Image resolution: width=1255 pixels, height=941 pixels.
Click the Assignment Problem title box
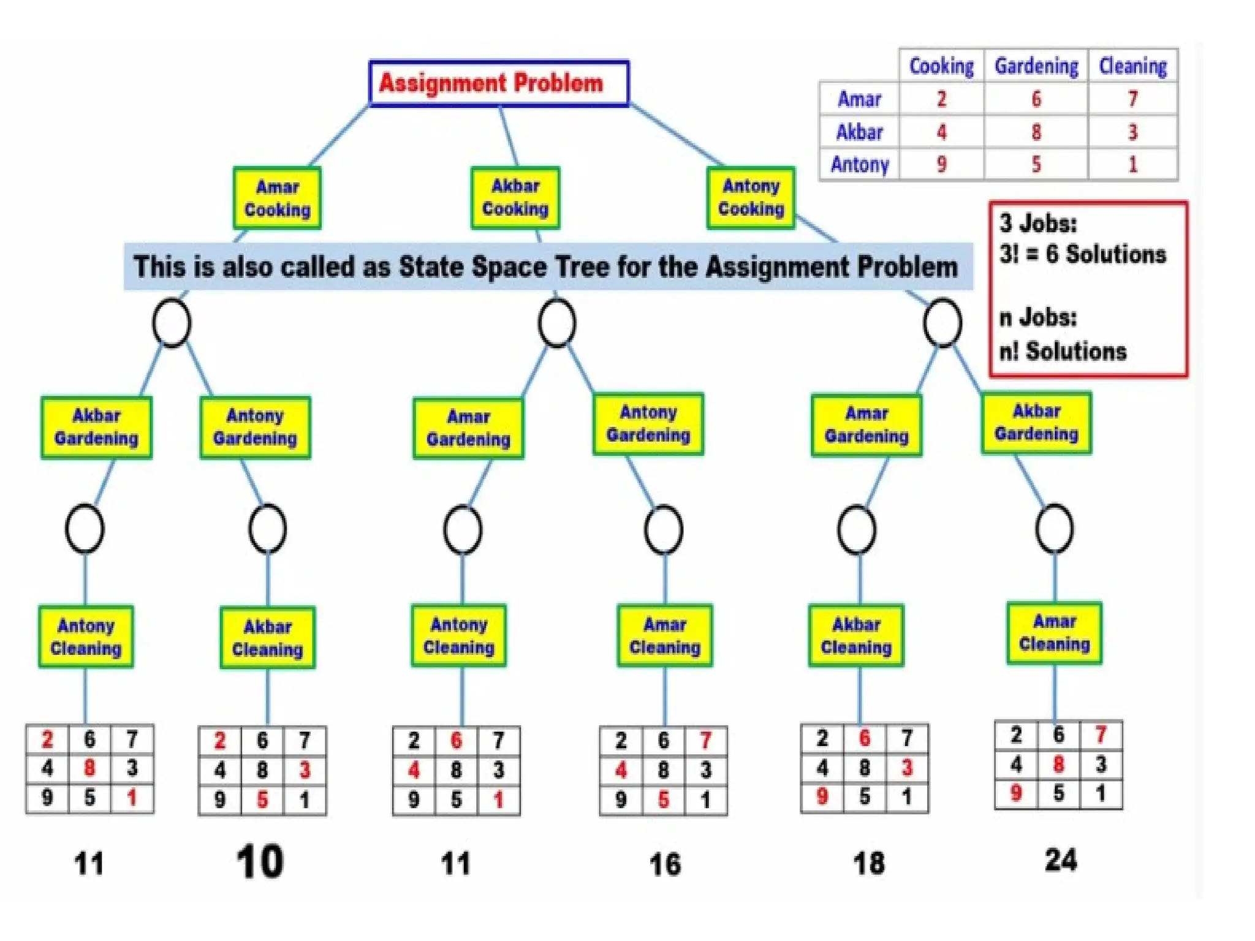tap(499, 83)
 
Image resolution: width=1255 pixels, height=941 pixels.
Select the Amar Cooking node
tap(277, 198)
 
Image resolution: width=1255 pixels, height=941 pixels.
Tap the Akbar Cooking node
tap(515, 198)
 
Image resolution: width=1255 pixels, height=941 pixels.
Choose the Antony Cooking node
tap(751, 198)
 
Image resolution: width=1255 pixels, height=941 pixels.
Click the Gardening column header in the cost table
tap(1036, 66)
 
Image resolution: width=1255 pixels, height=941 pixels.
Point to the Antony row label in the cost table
tap(859, 164)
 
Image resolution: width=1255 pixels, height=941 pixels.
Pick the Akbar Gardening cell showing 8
tap(1036, 132)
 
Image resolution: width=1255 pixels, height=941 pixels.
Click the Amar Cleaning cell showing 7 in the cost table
tap(1132, 99)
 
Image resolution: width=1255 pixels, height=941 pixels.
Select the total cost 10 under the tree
tap(260, 862)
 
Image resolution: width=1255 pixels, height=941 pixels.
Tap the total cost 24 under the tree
tap(1061, 860)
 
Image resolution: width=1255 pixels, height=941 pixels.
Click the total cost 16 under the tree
tap(665, 864)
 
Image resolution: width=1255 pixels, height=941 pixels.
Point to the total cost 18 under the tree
tap(869, 863)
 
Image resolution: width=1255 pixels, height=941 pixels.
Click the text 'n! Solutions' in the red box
tap(1063, 352)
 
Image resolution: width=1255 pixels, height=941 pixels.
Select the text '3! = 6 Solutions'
tap(1082, 254)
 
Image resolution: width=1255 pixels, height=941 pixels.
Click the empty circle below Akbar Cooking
tap(556, 323)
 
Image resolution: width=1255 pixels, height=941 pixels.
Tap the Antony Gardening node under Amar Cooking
tap(255, 428)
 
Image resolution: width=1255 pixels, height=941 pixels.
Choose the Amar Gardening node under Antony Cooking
tap(866, 426)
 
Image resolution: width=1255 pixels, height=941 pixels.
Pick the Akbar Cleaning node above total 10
tap(267, 638)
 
